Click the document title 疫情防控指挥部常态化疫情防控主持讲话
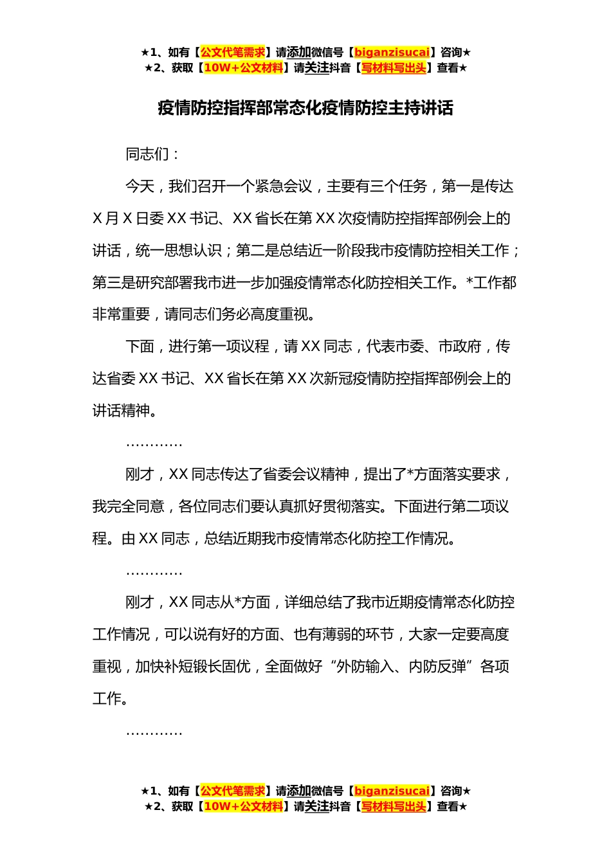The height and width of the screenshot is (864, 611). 305,108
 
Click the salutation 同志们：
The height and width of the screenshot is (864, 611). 153,154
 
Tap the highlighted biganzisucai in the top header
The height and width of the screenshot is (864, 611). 392,52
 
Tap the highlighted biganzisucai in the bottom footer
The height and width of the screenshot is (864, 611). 392,791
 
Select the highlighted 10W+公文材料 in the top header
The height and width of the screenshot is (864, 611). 243,67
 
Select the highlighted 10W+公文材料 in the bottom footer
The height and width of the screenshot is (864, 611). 243,806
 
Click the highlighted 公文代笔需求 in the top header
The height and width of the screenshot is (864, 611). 233,52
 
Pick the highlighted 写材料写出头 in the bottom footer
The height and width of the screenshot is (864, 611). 394,806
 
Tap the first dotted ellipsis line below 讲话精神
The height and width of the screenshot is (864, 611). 154,444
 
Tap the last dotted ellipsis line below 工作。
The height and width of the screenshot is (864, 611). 154,732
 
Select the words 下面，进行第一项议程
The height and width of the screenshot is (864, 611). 197,346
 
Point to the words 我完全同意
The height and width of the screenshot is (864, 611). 128,507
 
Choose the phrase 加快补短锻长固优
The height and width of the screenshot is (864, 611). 193,667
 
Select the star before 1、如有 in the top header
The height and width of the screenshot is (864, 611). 145,52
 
